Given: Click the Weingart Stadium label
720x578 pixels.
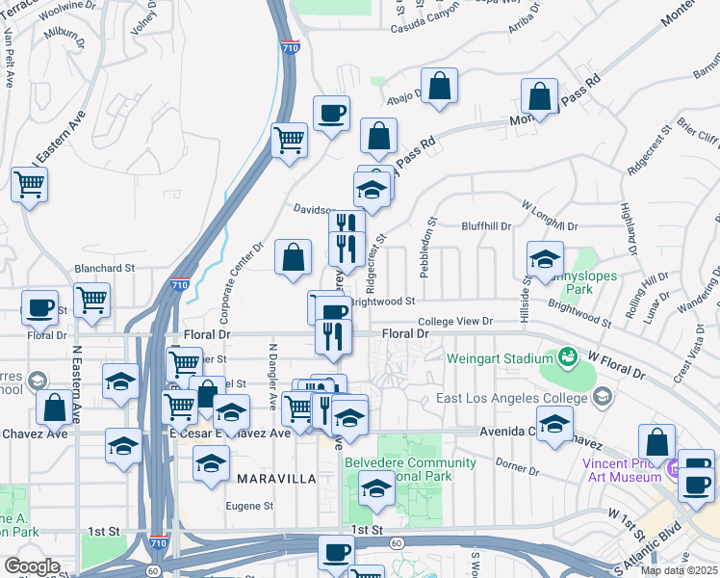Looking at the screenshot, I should [x=498, y=358].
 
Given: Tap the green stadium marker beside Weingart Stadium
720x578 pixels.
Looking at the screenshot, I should [x=568, y=358].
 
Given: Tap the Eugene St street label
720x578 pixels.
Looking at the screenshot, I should [x=250, y=505].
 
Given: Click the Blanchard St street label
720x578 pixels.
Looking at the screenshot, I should [x=105, y=268].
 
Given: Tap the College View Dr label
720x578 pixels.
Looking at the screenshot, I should [x=454, y=321].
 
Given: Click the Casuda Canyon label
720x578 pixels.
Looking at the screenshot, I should [x=426, y=28].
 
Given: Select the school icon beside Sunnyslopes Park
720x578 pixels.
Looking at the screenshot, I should [x=545, y=258].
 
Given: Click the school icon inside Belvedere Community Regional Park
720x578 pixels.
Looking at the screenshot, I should [x=376, y=489].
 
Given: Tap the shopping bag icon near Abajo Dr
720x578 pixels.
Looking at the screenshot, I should [x=440, y=87].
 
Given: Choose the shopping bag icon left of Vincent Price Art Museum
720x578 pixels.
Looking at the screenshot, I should [x=656, y=442].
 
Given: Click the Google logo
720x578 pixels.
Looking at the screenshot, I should [x=32, y=566].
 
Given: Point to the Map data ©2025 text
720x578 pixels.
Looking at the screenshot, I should [x=680, y=570].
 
